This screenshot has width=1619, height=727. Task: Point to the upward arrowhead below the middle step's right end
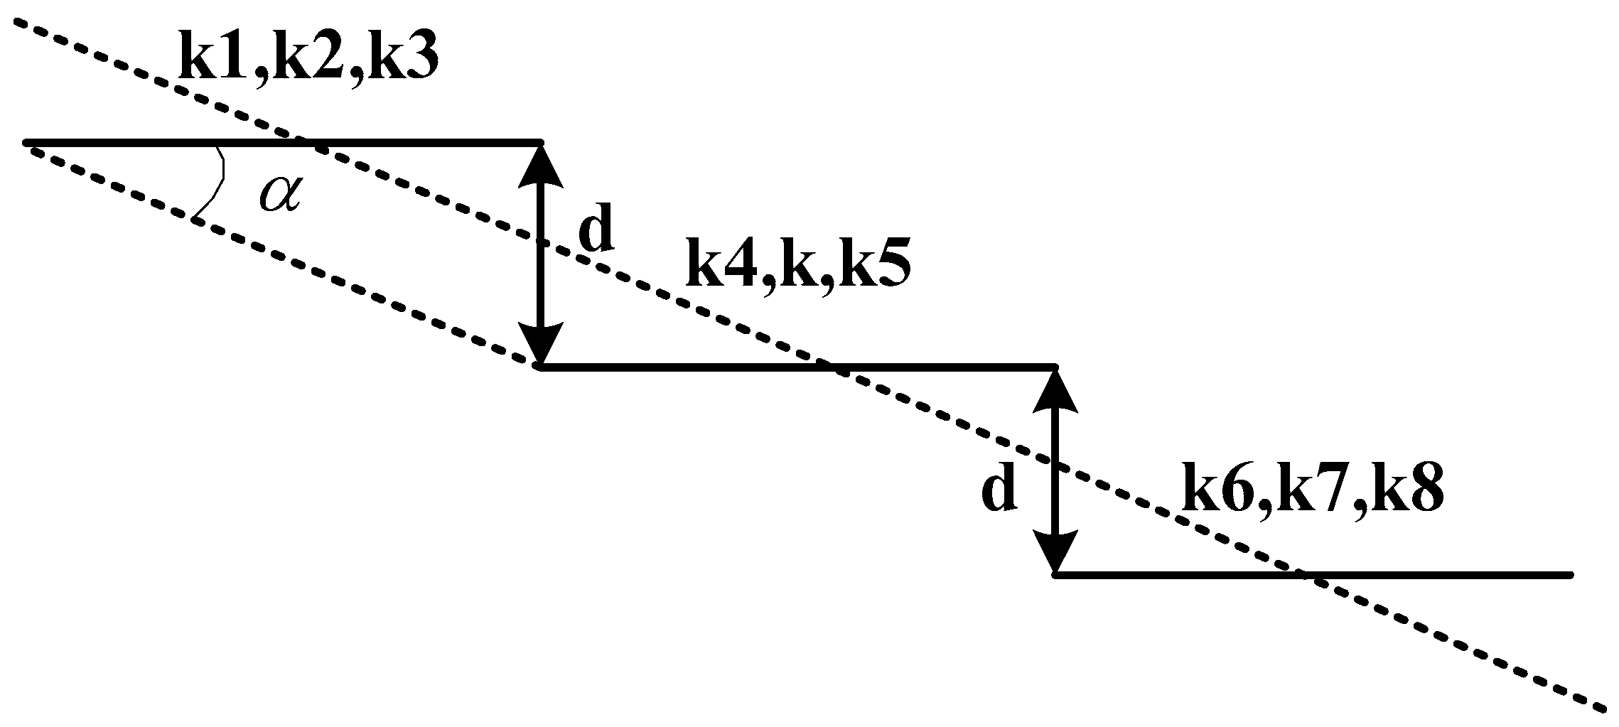pyautogui.click(x=1055, y=394)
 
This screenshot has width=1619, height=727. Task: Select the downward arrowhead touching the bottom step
pyautogui.click(x=1055, y=551)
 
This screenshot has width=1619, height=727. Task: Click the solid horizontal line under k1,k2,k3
pyautogui.click(x=284, y=143)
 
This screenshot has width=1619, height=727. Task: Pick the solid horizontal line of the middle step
pyautogui.click(x=796, y=367)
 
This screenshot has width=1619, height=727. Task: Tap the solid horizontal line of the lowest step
pyautogui.click(x=1315, y=574)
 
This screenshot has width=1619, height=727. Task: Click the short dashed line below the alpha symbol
pyautogui.click(x=284, y=259)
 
